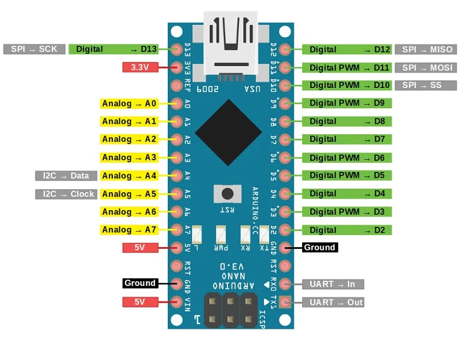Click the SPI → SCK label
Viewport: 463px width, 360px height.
pos(34,49)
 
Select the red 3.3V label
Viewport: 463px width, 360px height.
pos(140,67)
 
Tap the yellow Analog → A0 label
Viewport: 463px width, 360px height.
pos(129,104)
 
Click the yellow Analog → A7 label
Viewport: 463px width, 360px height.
pos(129,230)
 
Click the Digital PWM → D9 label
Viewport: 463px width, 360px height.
pos(347,104)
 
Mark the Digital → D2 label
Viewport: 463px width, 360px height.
pos(347,230)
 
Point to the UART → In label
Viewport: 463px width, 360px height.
pos(333,284)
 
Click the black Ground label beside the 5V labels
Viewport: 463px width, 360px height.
pos(139,283)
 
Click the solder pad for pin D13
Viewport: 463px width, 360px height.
pos(178,50)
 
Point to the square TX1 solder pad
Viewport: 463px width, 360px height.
pos(284,302)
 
